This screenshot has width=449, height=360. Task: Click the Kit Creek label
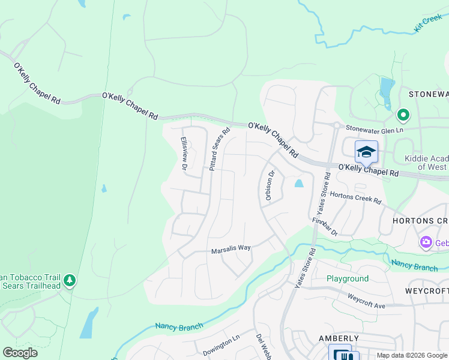[x=427, y=24]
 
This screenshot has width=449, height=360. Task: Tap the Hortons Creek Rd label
[x=356, y=197]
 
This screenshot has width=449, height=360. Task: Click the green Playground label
[x=348, y=279]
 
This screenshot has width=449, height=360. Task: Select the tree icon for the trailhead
[x=70, y=280]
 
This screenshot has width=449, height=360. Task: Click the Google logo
[x=20, y=353]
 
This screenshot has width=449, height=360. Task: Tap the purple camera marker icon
[x=426, y=242]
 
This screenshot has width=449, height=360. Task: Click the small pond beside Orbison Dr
[x=299, y=184]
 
